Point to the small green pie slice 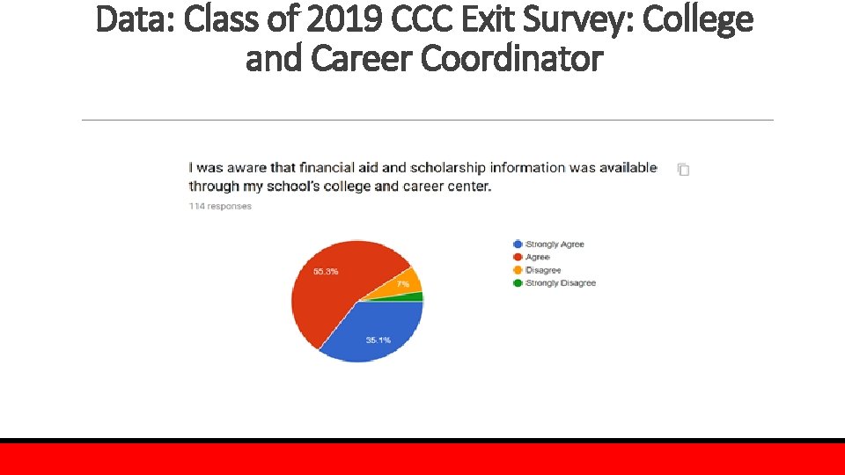[415, 296]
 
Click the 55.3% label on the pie [326, 271]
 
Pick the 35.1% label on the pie [378, 340]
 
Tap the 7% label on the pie [402, 284]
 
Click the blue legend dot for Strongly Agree [518, 244]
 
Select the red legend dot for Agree [518, 257]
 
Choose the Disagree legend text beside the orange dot [543, 270]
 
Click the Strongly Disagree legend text [561, 283]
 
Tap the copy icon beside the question [683, 170]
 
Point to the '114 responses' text [220, 207]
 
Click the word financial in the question [328, 167]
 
